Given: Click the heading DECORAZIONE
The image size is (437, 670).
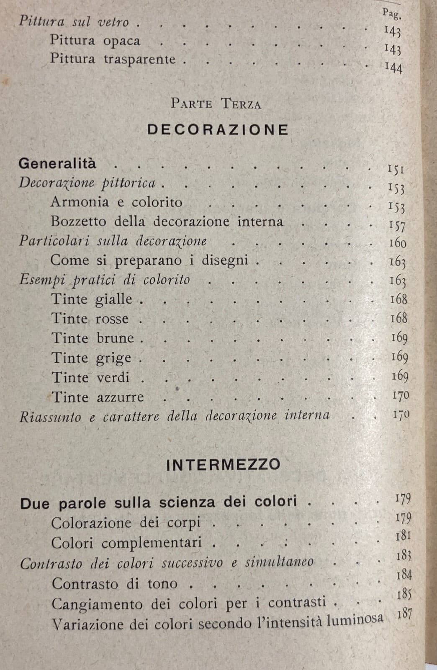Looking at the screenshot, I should [218, 129].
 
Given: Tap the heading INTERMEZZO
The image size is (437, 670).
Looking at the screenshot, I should [223, 465].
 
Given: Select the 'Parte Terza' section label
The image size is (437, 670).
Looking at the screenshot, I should [216, 103].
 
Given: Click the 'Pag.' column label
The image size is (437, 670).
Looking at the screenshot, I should [391, 14].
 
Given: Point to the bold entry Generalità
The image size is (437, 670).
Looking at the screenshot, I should [57, 163].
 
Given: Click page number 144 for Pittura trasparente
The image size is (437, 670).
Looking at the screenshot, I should [393, 67].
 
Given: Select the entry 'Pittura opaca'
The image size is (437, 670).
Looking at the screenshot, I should [95, 41].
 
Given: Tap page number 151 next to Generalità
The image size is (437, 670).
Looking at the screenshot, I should [395, 170].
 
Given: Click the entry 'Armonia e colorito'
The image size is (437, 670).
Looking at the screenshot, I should [116, 202].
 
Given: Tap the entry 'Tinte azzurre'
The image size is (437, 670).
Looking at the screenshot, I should [98, 397].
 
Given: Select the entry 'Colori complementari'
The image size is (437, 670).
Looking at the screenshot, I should [126, 543].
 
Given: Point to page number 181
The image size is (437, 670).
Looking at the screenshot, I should [403, 536].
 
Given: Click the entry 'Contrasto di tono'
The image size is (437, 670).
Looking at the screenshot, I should [115, 584].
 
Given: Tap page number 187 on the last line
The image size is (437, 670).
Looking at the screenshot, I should [404, 614].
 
